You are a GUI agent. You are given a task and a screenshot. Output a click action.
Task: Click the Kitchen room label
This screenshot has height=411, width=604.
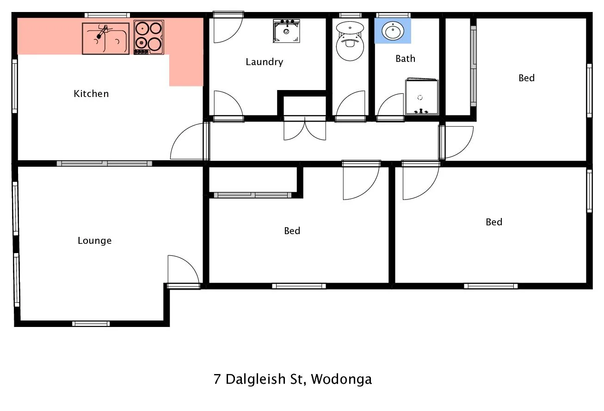click(91, 94)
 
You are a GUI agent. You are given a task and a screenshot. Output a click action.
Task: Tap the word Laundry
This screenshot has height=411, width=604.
click(264, 62)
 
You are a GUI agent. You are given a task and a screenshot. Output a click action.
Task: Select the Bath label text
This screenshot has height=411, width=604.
click(405, 59)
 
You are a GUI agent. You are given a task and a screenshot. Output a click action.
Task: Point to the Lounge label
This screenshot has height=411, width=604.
click(94, 241)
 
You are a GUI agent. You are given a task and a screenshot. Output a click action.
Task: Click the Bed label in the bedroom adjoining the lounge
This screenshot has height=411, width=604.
click(292, 230)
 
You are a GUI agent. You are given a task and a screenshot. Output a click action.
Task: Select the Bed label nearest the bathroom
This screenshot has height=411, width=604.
click(526, 78)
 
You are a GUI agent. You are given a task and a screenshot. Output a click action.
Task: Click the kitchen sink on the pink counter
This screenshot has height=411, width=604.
click(105, 38)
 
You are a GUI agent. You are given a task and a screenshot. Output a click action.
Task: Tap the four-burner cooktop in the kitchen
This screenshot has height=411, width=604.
click(149, 37)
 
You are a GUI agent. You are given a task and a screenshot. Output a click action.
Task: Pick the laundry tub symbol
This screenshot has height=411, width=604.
click(286, 31)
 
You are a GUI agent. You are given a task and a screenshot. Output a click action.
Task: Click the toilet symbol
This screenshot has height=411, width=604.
click(350, 41)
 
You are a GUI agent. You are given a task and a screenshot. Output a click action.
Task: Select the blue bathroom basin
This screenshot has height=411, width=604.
click(393, 31)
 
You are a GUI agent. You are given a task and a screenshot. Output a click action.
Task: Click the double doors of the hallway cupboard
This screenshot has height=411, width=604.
click(304, 129)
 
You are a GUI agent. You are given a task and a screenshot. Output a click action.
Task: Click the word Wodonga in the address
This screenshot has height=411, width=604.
click(341, 379)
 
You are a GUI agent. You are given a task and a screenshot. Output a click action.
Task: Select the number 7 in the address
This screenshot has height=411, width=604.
click(217, 379)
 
